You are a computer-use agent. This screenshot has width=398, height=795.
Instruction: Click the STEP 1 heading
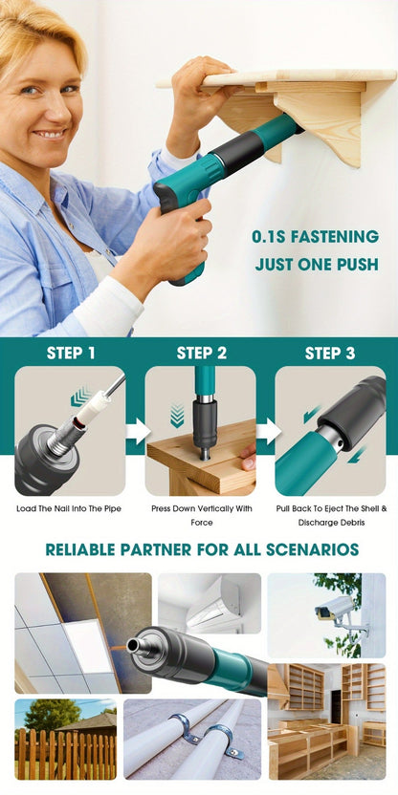(x=71, y=354)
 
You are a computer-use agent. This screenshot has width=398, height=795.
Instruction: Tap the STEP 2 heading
(x=201, y=354)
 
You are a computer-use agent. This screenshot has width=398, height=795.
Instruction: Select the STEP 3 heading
(x=330, y=354)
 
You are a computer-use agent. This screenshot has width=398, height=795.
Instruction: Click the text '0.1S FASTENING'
(x=316, y=237)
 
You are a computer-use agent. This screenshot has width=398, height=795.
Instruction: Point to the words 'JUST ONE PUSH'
(x=317, y=265)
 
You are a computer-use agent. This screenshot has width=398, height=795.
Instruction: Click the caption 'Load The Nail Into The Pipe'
(x=69, y=508)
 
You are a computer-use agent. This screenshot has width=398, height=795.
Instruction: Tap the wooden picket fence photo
(x=65, y=740)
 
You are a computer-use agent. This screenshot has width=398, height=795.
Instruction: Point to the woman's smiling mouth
(x=51, y=135)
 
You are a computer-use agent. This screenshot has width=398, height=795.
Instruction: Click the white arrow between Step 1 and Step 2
(x=138, y=432)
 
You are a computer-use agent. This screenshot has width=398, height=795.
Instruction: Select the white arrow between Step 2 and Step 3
(x=269, y=432)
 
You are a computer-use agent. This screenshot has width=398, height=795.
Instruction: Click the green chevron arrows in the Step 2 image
(x=177, y=416)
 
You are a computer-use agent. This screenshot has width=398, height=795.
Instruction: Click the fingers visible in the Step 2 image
(x=248, y=457)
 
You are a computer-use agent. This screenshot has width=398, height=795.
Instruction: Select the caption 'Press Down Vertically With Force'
(x=202, y=515)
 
